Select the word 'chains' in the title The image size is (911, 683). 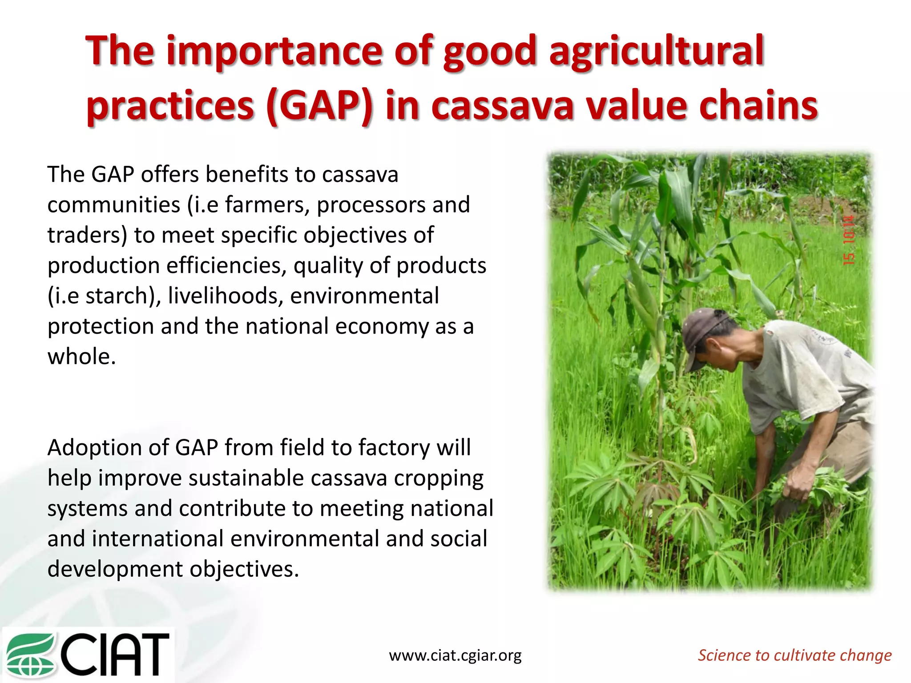pos(758,106)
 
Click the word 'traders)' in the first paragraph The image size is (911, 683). pos(87,235)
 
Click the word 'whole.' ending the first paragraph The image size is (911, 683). pos(81,357)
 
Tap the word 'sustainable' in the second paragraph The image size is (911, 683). pos(246,478)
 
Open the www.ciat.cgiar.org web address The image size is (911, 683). pos(455,655)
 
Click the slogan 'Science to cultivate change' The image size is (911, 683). pos(794,655)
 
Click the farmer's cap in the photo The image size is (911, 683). pos(703,333)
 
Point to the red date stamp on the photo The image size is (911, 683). pos(849,240)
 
